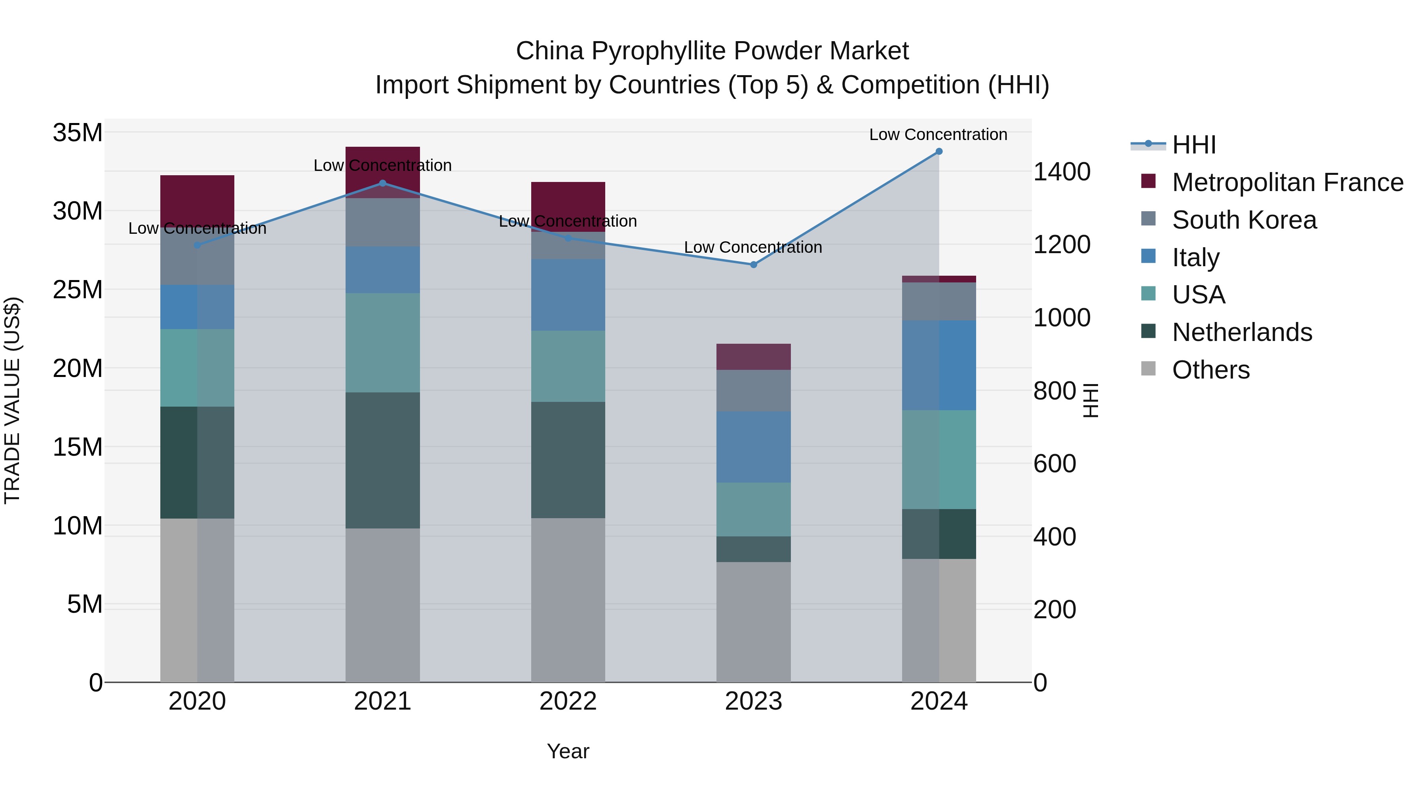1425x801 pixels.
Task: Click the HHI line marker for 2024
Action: click(x=939, y=151)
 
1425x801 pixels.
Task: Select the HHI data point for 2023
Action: click(x=753, y=265)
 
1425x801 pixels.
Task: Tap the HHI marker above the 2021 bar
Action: click(x=382, y=183)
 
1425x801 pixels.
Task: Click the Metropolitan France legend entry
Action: click(x=1287, y=182)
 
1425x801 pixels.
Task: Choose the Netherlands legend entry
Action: click(x=1241, y=332)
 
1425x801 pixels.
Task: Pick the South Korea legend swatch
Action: click(x=1148, y=218)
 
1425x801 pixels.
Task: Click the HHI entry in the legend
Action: click(x=1193, y=145)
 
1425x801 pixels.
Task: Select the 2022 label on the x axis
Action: click(x=568, y=701)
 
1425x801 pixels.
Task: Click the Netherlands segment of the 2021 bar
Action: click(x=382, y=460)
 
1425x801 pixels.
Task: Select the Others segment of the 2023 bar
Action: click(x=753, y=622)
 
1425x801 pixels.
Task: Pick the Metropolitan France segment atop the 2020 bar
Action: click(x=197, y=199)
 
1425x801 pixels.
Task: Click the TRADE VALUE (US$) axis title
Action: click(x=12, y=400)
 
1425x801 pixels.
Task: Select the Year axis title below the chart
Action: click(x=568, y=751)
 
